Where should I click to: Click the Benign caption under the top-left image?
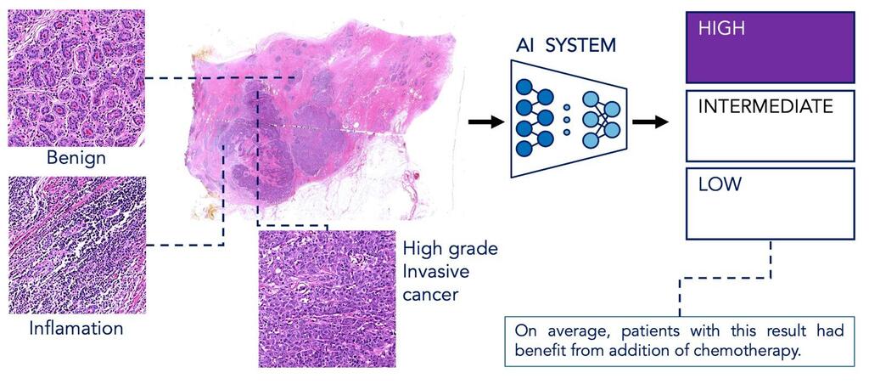(x=75, y=158)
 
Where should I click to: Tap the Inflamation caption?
(x=75, y=327)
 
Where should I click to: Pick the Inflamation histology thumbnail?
(x=76, y=246)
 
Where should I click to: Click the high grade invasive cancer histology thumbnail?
(x=327, y=298)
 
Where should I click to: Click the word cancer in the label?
(x=430, y=294)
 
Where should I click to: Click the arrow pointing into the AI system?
(x=484, y=122)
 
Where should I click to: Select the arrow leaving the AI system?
(x=650, y=122)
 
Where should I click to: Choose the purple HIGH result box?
(x=770, y=47)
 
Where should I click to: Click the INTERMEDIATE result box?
(x=770, y=127)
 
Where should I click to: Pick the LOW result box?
(x=770, y=204)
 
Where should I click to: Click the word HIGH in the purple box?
(x=721, y=28)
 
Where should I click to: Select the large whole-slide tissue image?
(x=322, y=119)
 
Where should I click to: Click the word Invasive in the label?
(x=436, y=272)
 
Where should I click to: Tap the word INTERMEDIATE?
(x=765, y=108)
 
